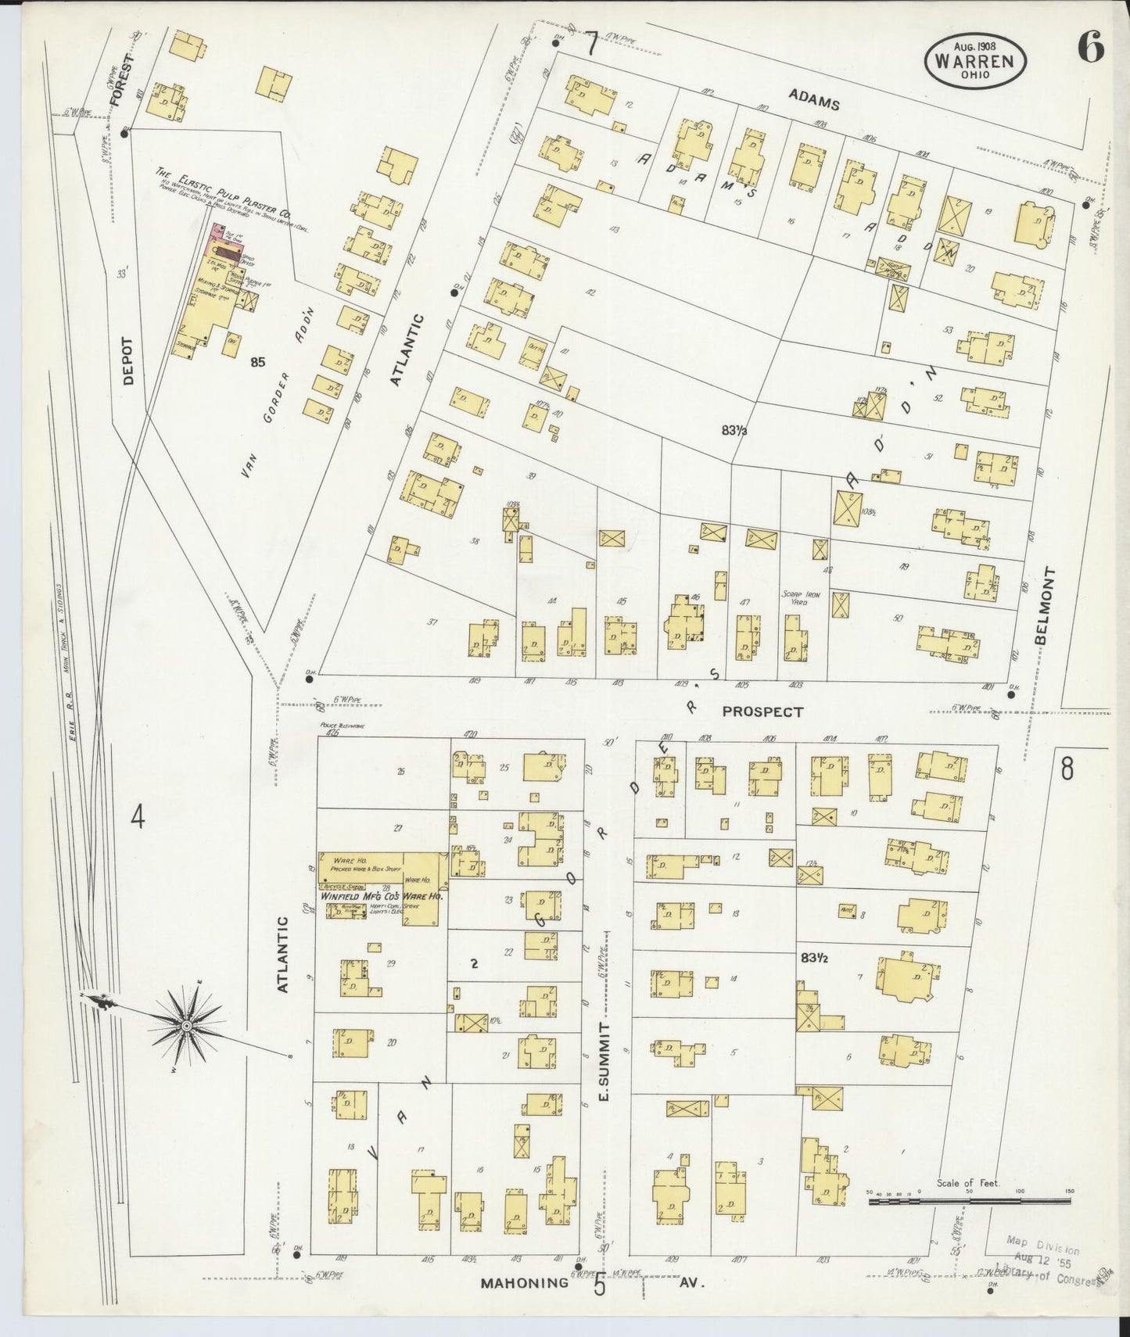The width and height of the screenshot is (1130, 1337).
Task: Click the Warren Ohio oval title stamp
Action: [x=975, y=60]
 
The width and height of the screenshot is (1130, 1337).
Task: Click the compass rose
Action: [x=187, y=1025]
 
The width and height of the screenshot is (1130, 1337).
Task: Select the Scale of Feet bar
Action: [x=969, y=1200]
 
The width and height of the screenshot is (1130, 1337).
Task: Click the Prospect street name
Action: [x=762, y=712]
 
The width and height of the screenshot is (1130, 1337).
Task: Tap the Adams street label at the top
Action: [x=813, y=99]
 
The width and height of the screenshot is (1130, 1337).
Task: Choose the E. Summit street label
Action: [x=604, y=1063]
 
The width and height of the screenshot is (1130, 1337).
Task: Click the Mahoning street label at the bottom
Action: [x=524, y=1283]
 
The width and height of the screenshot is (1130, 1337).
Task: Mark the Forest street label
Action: [x=118, y=81]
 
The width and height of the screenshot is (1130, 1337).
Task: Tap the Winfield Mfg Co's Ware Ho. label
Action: [x=382, y=897]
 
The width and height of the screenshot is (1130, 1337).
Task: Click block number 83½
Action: [x=815, y=956]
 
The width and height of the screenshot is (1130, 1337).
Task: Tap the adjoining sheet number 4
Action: [x=138, y=818]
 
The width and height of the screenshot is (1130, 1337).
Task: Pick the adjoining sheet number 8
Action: [x=1067, y=769]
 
